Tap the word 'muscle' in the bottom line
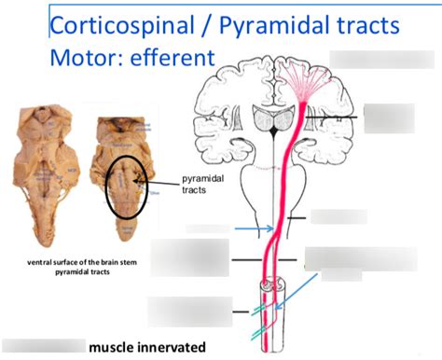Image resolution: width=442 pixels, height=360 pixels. click(114, 348)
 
